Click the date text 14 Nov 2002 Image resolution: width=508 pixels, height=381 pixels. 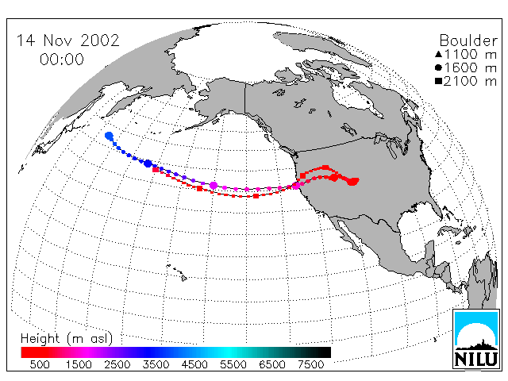point(67,40)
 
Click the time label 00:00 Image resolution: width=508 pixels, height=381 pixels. point(62,60)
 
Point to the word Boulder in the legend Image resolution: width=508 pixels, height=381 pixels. point(468,40)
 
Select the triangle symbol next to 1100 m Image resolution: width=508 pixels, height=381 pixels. point(438,54)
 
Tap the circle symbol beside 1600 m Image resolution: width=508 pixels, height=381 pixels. point(438,67)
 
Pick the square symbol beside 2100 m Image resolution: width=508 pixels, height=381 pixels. point(438,81)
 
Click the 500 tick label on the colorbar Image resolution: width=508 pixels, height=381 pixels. point(40,365)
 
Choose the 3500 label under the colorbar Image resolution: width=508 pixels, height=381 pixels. point(156,365)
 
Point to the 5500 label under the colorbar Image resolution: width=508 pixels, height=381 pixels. point(233,365)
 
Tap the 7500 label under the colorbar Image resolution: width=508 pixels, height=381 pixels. point(310,365)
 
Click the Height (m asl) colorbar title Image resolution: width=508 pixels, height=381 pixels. point(67,339)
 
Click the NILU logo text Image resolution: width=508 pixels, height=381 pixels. point(476,359)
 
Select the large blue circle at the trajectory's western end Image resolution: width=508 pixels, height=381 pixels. point(110,136)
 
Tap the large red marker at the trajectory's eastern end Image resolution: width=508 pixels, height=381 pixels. point(352,181)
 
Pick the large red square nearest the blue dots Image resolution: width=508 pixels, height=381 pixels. point(156,169)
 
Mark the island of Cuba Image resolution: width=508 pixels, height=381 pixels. point(449,231)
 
